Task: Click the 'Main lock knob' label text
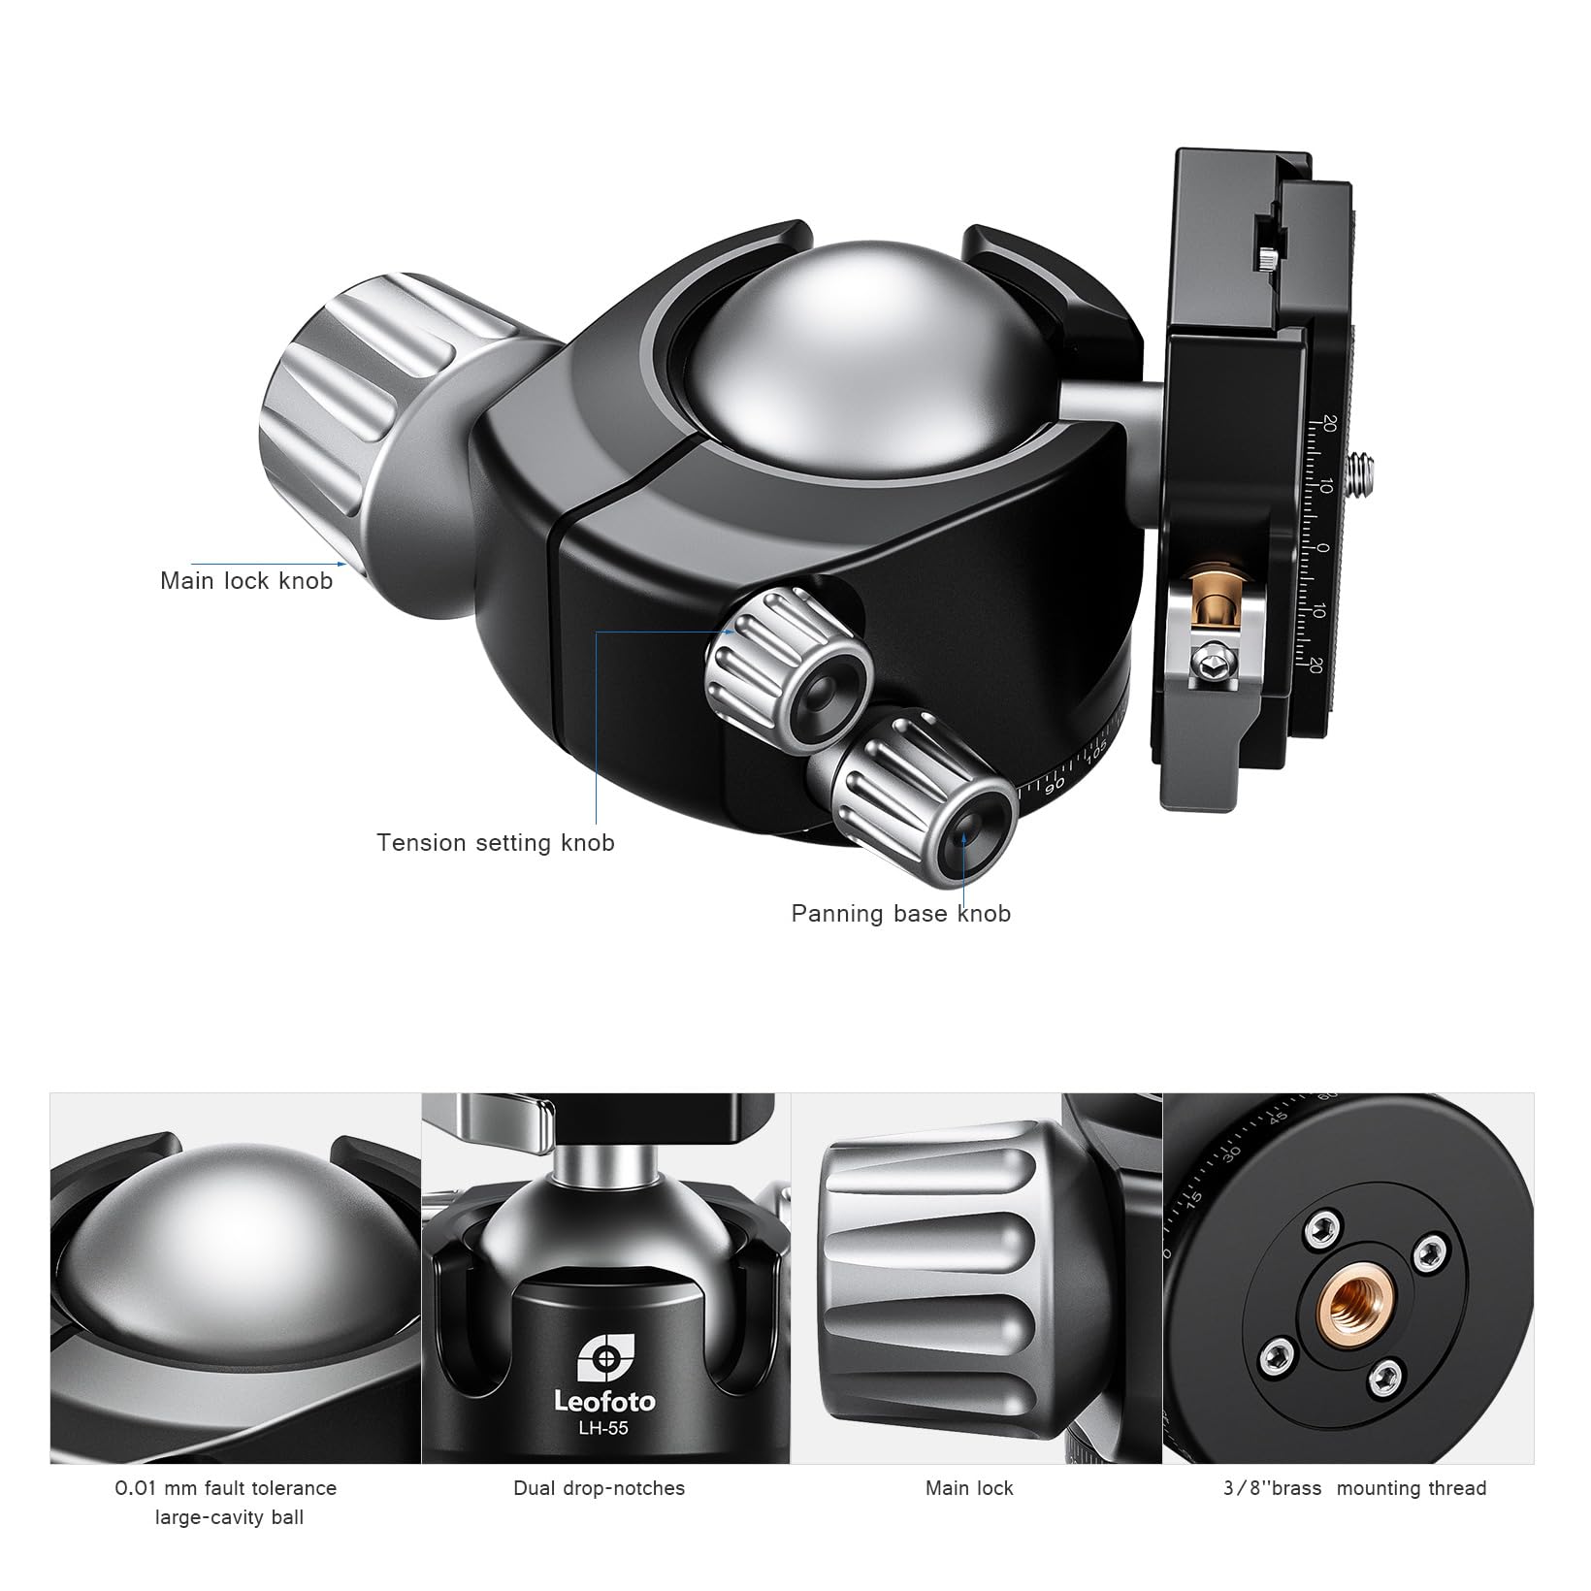246,581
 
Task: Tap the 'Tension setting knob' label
496,843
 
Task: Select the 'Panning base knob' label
901,914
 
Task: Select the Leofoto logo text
604,1401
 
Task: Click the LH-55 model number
604,1427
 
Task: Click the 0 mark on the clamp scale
1323,549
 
